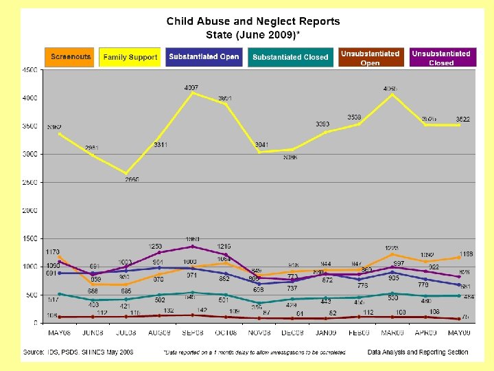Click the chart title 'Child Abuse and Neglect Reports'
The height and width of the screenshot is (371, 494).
tap(252, 21)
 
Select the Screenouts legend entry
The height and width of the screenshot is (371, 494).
tap(71, 57)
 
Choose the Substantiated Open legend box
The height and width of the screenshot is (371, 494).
tap(204, 57)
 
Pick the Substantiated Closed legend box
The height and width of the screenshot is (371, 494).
tap(290, 57)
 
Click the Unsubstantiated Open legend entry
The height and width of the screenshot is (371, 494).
tap(370, 58)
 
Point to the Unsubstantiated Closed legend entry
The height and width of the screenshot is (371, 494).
tap(441, 58)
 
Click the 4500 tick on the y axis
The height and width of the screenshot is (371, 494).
tap(30, 70)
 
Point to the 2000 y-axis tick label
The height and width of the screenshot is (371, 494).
tap(30, 211)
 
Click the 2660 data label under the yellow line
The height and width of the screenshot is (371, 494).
tap(132, 179)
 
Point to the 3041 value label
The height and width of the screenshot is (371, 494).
tap(261, 145)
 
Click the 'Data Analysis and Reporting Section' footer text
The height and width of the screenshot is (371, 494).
tap(418, 352)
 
